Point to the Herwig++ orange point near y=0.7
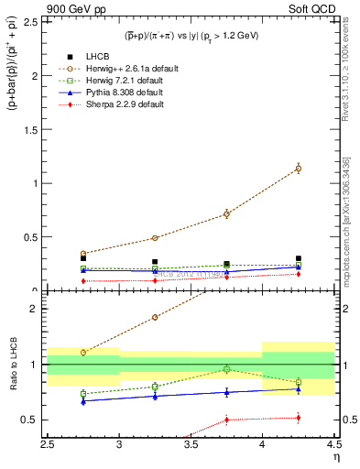(226, 214)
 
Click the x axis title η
(336, 458)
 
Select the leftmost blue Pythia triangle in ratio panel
(84, 401)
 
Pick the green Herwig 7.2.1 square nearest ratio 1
(226, 369)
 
